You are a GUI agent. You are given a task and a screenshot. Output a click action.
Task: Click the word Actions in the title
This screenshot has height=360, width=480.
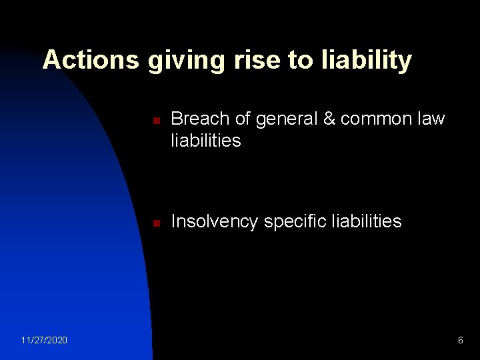(x=91, y=60)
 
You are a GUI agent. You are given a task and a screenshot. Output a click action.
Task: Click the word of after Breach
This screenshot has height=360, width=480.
(x=239, y=119)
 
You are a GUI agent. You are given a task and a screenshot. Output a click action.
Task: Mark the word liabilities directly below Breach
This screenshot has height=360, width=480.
(x=206, y=141)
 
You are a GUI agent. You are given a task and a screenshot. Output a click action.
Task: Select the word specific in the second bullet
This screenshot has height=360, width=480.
(x=294, y=222)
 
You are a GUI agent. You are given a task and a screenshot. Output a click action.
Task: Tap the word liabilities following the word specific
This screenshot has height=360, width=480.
(x=365, y=221)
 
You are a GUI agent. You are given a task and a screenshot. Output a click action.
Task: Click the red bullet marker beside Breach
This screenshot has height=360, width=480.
(x=154, y=120)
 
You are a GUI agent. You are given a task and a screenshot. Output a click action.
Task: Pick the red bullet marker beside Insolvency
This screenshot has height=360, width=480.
(x=154, y=223)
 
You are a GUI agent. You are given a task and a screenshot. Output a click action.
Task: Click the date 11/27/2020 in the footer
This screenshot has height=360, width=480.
(x=44, y=341)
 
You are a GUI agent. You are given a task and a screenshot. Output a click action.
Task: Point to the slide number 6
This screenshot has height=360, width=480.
(x=460, y=341)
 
